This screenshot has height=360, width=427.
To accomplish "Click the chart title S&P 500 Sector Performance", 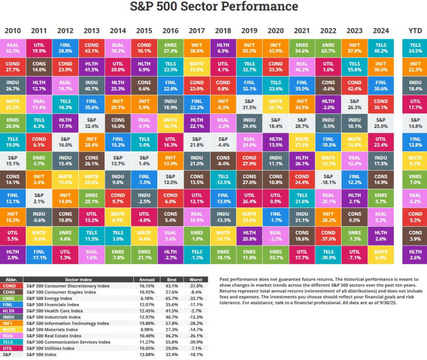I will coord(213,7).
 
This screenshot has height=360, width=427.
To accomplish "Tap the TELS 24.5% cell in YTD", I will coord(415,48).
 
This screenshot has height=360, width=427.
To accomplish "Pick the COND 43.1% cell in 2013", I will coord(91,48).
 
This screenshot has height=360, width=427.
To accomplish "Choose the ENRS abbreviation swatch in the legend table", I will coord(11,298).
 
